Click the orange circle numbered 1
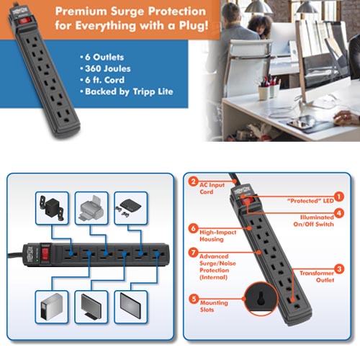point(339,197)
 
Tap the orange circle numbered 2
point(193,181)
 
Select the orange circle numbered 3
point(339,269)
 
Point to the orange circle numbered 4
point(339,213)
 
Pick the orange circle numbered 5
point(194,299)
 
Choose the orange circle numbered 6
point(193,228)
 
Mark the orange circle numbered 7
point(193,253)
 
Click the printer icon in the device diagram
point(91,208)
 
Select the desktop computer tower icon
point(52,307)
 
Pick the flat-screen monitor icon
point(91,307)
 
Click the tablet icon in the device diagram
point(130,305)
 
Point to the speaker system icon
point(52,208)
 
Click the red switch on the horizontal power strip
point(45,254)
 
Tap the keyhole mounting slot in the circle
point(261,299)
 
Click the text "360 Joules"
point(108,68)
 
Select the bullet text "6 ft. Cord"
point(104,80)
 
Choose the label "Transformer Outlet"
point(317,276)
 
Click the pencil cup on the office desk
point(264,92)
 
